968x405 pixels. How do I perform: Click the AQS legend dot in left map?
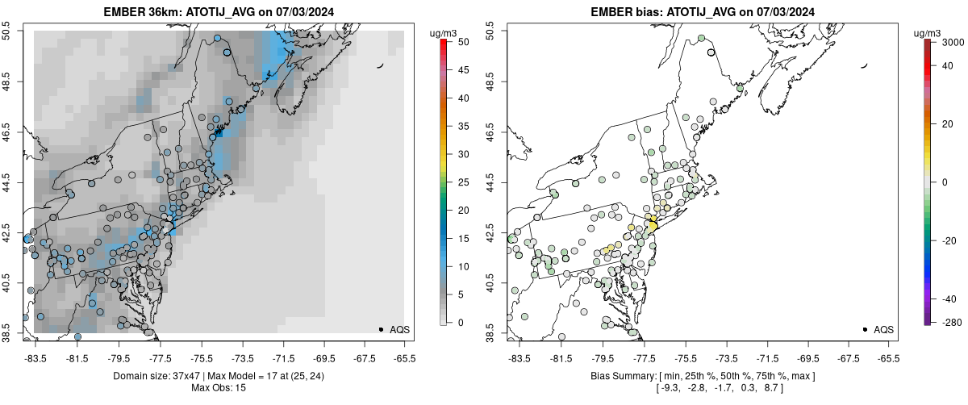pyautogui.click(x=381, y=329)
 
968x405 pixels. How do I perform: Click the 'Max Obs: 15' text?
pyautogui.click(x=219, y=387)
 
